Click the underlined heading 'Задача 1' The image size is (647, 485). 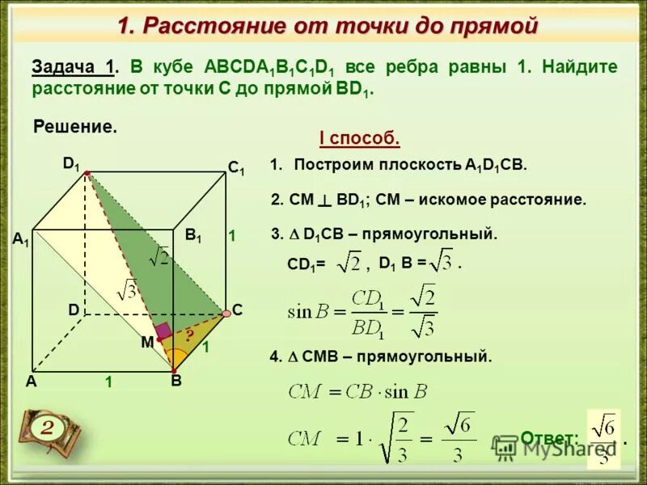coord(74,67)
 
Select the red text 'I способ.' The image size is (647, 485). coord(360,138)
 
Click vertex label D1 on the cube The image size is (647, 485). coord(72,163)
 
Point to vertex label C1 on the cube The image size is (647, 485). coord(235,169)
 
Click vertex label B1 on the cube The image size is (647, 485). coord(193,235)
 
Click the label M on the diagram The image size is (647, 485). coord(147,343)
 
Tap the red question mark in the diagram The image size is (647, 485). coord(189,335)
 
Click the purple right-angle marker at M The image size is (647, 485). coord(164,330)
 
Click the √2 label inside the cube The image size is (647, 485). coord(159,258)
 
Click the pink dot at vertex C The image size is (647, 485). coord(226,313)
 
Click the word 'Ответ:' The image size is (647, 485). coord(549,439)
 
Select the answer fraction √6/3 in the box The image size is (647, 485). coord(603,438)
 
